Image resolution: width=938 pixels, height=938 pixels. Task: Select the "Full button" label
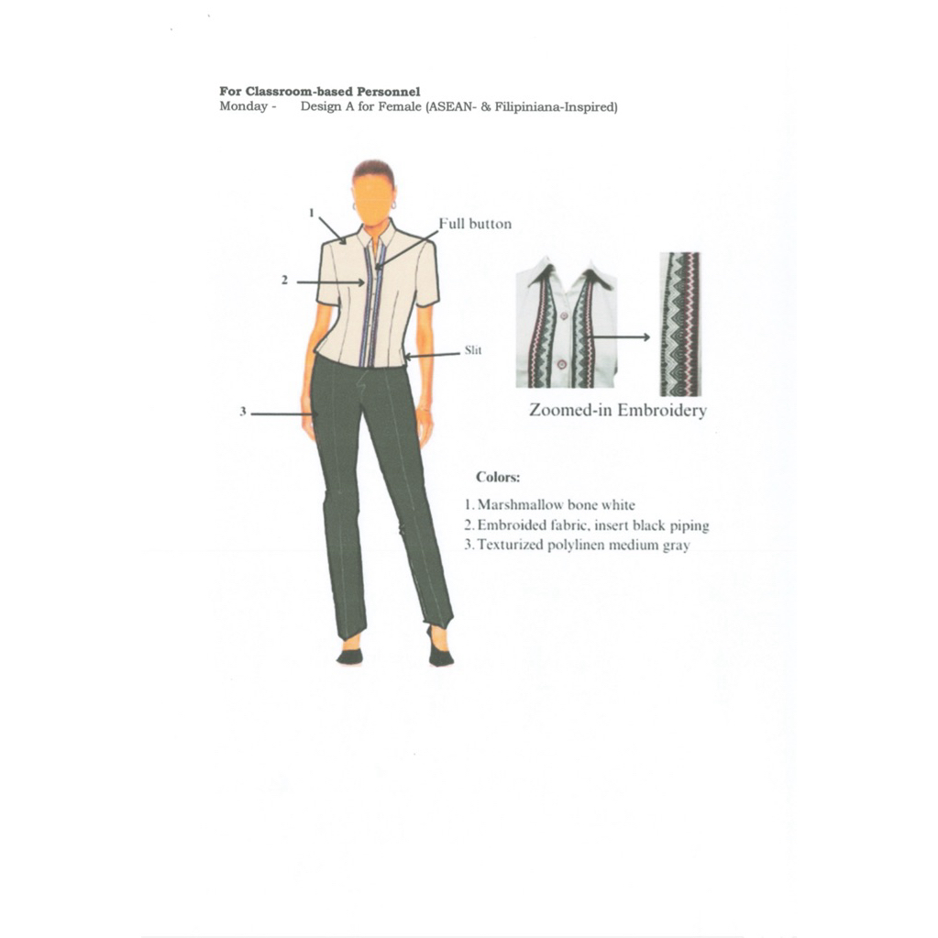pos(475,224)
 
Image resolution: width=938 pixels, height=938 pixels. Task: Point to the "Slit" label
pos(474,350)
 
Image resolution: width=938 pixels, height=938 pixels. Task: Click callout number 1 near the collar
pos(312,213)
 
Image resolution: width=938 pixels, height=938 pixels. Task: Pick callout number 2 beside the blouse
pos(285,281)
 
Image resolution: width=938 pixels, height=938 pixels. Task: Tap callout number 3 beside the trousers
pos(243,413)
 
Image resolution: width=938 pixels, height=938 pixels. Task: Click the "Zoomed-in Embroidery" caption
pos(618,410)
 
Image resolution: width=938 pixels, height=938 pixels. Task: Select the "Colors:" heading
pos(498,477)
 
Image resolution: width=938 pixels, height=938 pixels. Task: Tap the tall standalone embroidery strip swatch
pos(679,323)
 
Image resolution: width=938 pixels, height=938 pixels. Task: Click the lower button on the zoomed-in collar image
pos(561,364)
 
